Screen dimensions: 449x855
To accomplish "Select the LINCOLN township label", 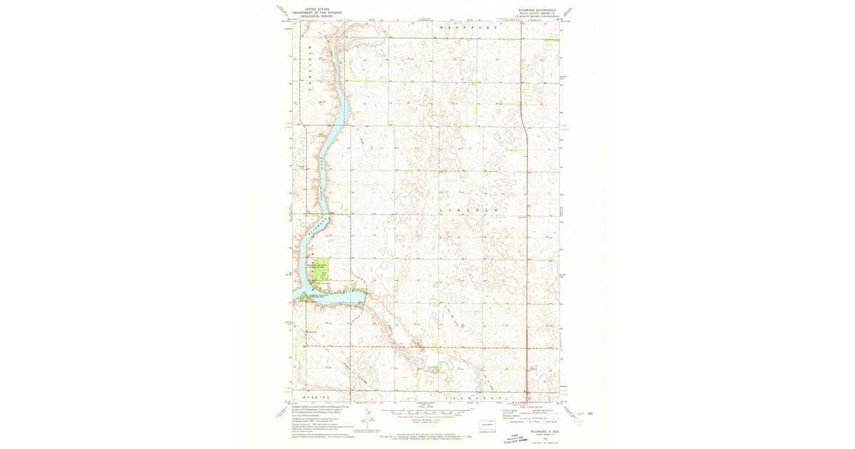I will pos(467,211).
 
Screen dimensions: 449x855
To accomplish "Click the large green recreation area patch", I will pos(320,270).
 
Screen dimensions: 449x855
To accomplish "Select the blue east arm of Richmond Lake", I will pos(335,297).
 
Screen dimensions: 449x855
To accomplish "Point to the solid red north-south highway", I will pos(525,249).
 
